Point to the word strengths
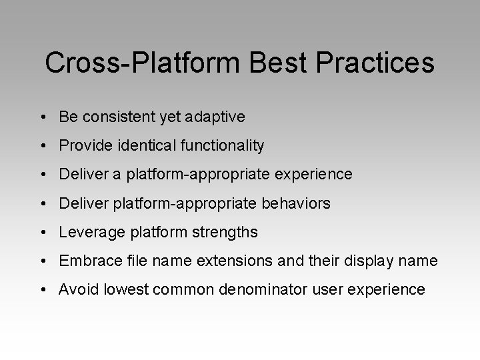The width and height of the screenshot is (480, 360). [225, 232]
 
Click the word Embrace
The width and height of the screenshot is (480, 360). [87, 261]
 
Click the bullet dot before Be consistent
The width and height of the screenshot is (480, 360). [43, 118]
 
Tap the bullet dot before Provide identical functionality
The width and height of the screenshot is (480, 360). [43, 146]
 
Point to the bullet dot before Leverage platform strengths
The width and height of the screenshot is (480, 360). [43, 233]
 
